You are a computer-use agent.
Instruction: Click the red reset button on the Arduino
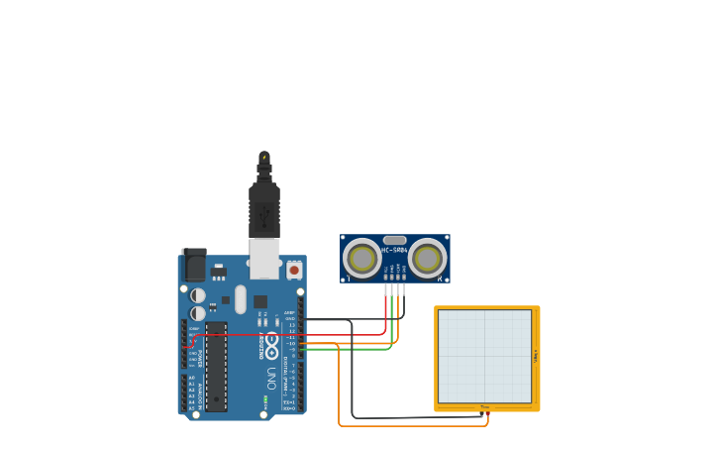(294, 270)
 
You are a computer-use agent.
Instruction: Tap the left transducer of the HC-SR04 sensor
(362, 259)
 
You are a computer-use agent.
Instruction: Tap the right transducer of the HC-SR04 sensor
(428, 259)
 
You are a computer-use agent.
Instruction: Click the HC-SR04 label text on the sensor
(394, 250)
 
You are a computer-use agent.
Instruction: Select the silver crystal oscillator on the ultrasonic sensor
(394, 240)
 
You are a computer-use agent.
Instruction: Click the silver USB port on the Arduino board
(264, 258)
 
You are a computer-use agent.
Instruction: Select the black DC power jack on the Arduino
(195, 265)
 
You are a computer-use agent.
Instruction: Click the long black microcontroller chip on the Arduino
(216, 366)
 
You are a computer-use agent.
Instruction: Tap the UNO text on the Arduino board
(271, 378)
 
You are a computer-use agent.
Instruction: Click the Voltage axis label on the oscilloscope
(536, 356)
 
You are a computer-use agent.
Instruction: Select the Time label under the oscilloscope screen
(484, 406)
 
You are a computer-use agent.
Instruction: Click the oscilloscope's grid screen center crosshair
(485, 356)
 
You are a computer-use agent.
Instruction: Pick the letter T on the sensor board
(348, 280)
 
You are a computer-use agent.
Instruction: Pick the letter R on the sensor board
(440, 280)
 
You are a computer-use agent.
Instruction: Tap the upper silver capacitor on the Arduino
(198, 295)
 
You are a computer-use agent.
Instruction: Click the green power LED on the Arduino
(264, 400)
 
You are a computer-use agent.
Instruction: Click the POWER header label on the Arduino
(201, 358)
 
